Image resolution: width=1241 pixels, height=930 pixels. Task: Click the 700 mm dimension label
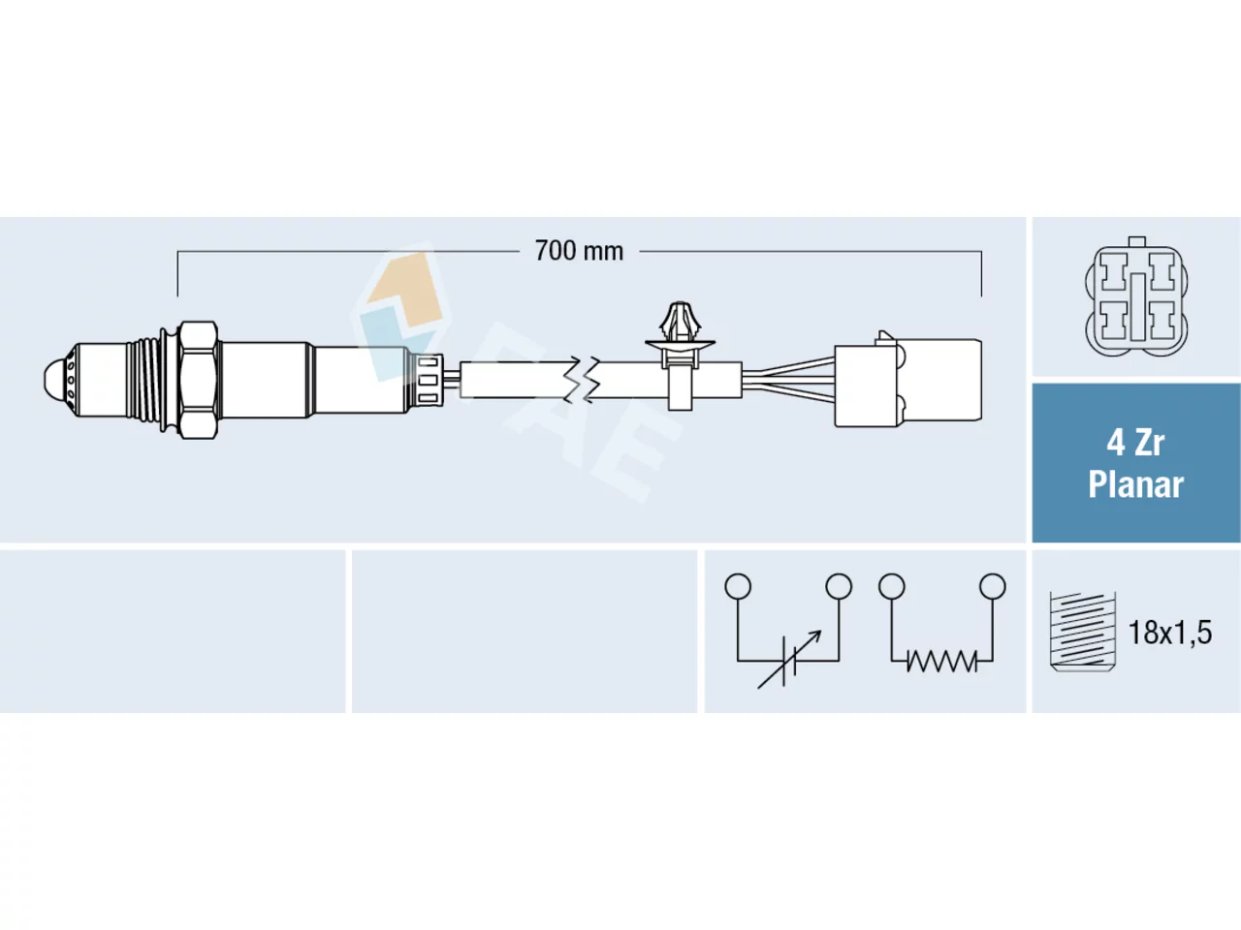click(579, 251)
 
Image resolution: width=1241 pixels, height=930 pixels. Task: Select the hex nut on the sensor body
click(198, 380)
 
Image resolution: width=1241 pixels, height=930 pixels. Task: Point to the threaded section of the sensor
click(144, 380)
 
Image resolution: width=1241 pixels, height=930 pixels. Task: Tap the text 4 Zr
click(1135, 444)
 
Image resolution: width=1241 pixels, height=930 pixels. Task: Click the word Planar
click(1135, 484)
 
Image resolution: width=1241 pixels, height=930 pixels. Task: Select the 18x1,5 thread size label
click(1170, 633)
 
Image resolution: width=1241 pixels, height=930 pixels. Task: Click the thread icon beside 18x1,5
click(1082, 632)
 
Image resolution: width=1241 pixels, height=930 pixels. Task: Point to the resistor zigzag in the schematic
click(941, 661)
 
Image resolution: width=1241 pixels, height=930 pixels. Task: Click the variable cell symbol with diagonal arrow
click(789, 660)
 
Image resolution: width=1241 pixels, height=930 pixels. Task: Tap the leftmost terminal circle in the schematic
click(738, 586)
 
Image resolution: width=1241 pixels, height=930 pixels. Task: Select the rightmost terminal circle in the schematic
click(992, 586)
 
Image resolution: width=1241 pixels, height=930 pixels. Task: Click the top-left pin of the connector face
click(1114, 271)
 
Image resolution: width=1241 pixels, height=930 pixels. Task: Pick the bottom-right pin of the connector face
click(1162, 321)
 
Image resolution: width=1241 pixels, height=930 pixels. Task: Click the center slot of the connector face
click(1138, 307)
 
